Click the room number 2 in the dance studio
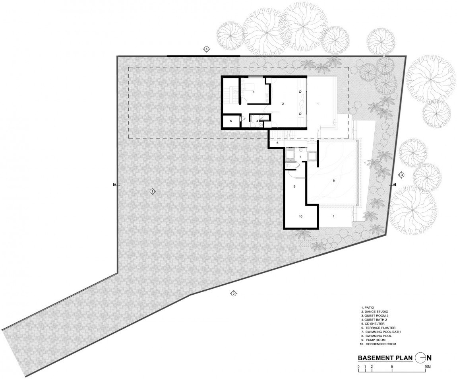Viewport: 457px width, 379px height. (283, 103)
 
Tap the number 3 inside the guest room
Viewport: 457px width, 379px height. (254, 92)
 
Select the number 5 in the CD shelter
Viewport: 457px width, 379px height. (230, 121)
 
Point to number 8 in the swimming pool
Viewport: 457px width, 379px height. (334, 181)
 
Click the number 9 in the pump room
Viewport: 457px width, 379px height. (294, 187)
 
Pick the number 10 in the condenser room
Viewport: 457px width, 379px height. (301, 216)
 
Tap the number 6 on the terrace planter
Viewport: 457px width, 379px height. (277, 143)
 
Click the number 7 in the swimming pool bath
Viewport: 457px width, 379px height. (300, 157)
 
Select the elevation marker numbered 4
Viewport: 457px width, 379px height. (206, 49)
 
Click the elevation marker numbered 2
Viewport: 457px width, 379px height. (233, 294)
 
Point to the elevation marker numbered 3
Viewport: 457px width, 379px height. (402, 175)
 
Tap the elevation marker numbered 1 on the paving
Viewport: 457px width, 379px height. (153, 191)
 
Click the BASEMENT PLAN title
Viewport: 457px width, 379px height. (385, 358)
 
